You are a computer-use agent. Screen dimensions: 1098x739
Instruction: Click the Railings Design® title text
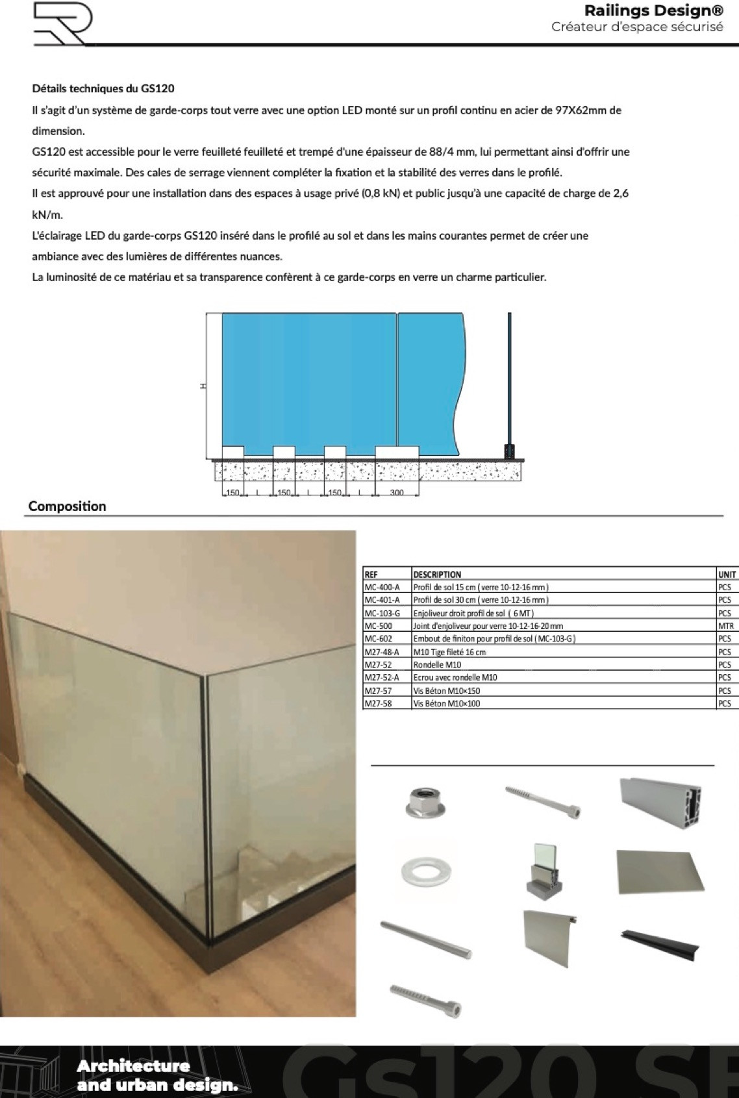click(x=653, y=10)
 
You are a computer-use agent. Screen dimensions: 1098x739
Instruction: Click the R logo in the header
click(x=62, y=23)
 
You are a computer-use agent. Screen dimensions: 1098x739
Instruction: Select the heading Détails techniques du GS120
click(x=103, y=88)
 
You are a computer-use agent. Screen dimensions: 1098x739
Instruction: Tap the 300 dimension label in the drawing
click(x=397, y=492)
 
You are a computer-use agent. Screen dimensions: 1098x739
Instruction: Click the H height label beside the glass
click(x=203, y=386)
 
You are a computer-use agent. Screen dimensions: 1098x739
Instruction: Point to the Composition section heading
click(x=67, y=506)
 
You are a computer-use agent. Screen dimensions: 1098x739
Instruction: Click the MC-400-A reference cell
click(x=382, y=587)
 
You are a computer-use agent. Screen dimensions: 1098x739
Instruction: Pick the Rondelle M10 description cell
click(x=437, y=665)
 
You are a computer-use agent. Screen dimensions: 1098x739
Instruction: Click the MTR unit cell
click(x=725, y=627)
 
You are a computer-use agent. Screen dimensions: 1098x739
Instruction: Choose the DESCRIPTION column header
click(x=437, y=575)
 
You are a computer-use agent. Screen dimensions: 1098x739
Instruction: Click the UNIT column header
click(x=727, y=575)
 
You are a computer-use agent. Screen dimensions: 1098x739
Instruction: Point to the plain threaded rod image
click(x=425, y=940)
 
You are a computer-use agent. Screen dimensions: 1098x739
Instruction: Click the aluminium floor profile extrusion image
click(x=660, y=801)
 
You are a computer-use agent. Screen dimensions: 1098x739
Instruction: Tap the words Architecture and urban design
click(x=157, y=1075)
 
